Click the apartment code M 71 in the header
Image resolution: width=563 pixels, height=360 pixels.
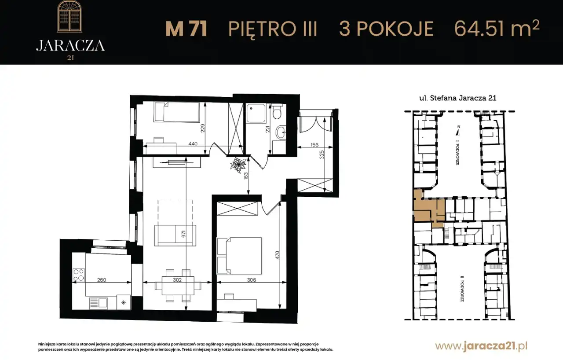tap(186, 29)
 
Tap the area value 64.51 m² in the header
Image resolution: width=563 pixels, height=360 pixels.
tap(497, 28)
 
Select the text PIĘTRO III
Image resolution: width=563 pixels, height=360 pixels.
tap(272, 29)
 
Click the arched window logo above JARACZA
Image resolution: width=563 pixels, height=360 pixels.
tap(69, 16)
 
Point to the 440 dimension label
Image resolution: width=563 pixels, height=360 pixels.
tap(193, 144)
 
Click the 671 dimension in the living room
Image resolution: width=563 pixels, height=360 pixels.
tap(183, 234)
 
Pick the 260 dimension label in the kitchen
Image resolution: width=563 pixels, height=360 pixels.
tap(102, 280)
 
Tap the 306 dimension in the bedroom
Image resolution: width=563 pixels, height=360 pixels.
tap(251, 280)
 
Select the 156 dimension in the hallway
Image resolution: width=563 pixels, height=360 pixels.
tap(314, 145)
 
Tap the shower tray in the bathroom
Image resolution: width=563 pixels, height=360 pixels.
tap(256, 114)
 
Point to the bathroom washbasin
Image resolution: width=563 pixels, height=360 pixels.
tap(281, 132)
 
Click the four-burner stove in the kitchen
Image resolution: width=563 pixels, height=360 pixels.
tap(78, 275)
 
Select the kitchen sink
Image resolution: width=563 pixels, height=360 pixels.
tap(99, 303)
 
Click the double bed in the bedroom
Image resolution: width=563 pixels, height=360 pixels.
tap(239, 255)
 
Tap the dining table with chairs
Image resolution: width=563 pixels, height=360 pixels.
tap(178, 286)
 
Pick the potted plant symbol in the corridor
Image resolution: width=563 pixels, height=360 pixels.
tap(238, 165)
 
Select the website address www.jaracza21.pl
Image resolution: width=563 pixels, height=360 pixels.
tap(481, 346)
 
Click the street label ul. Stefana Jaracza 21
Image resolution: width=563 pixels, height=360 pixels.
tap(458, 98)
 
